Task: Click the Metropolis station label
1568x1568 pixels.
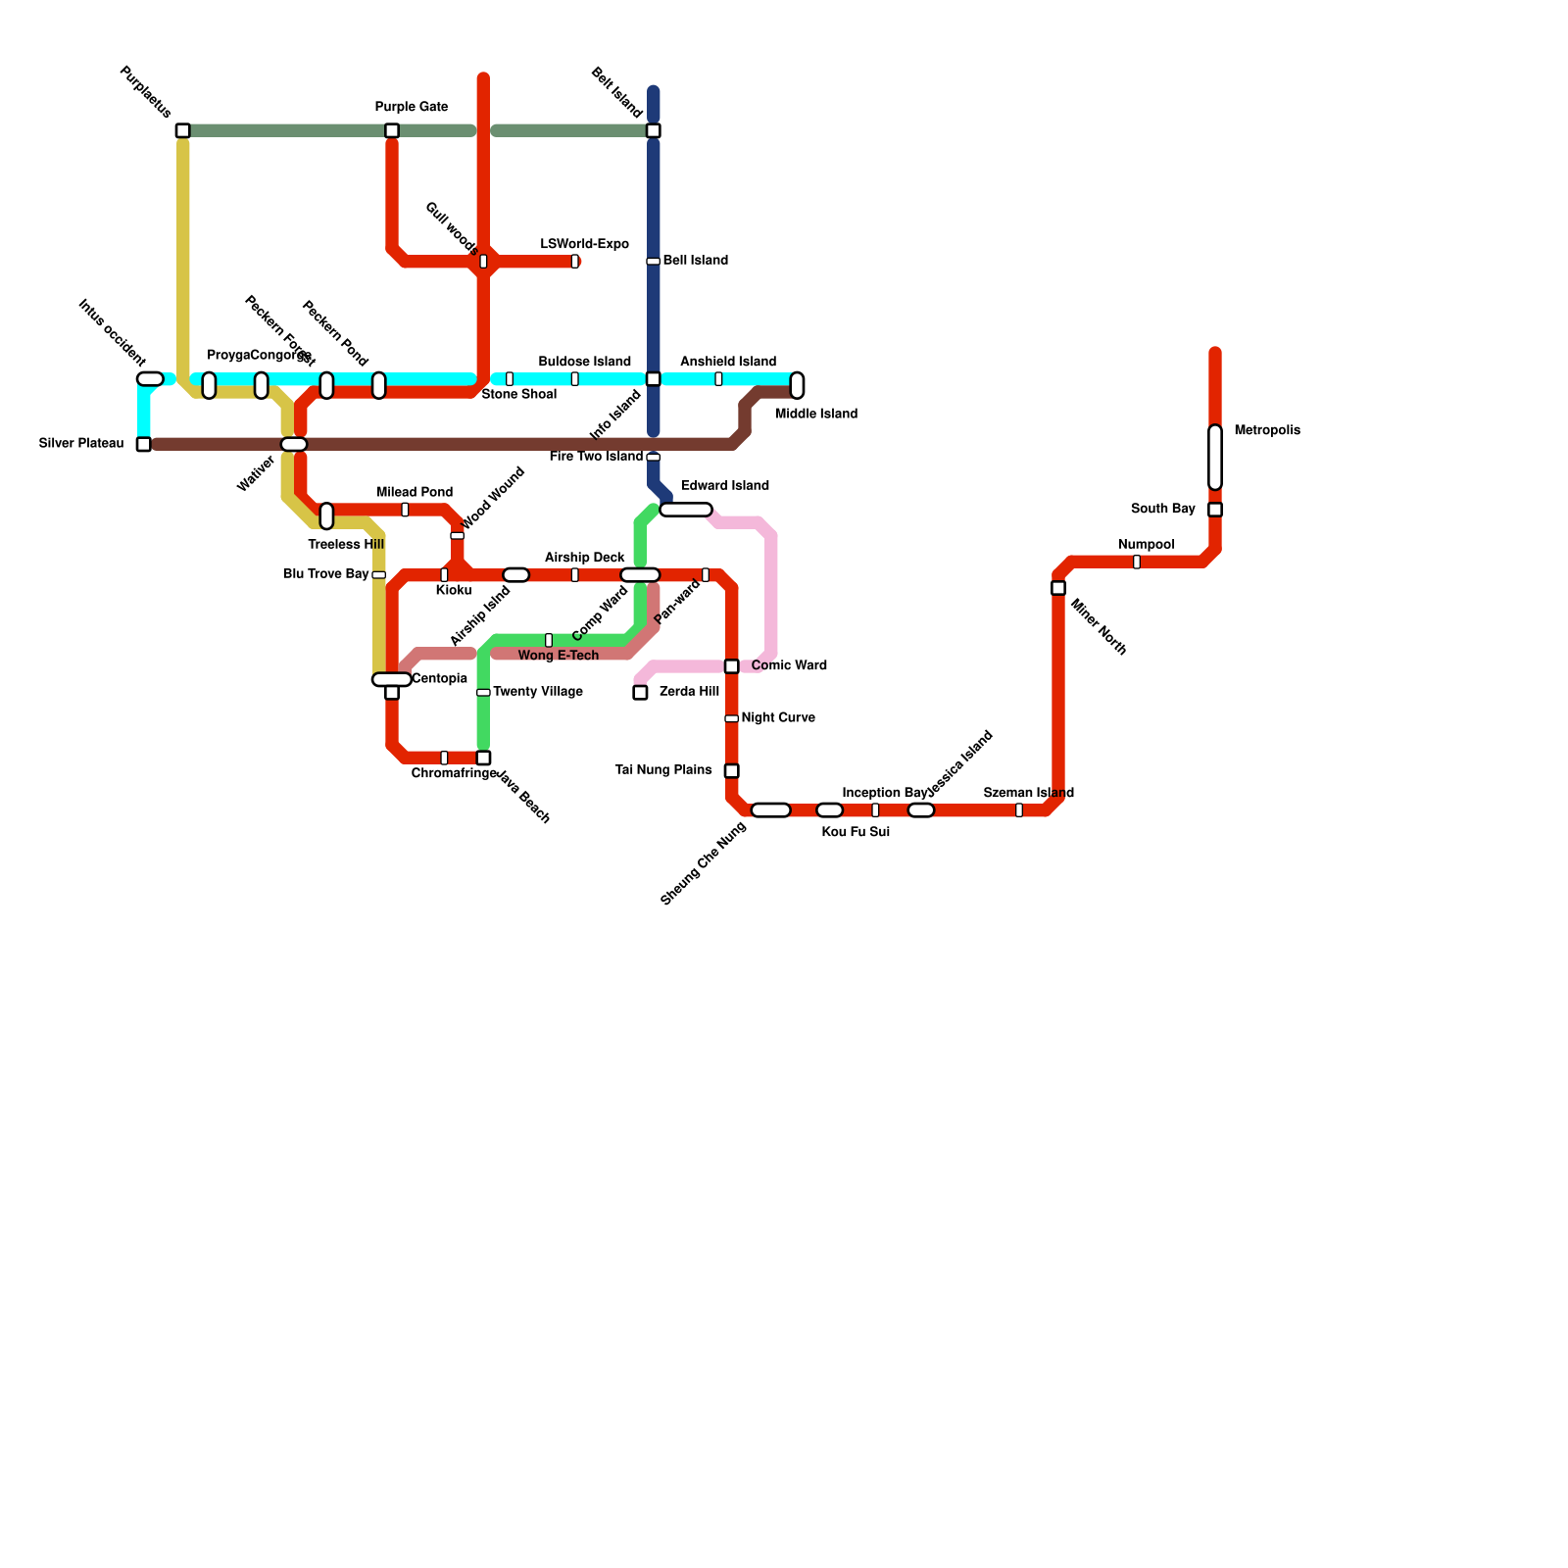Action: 1266,430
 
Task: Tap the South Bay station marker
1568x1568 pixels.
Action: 1214,510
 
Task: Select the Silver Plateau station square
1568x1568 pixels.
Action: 144,444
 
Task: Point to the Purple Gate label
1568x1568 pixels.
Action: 411,107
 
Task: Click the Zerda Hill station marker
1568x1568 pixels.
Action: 640,693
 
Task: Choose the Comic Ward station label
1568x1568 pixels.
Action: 789,665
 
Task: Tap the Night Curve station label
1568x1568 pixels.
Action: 777,718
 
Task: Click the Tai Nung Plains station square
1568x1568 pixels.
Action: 731,771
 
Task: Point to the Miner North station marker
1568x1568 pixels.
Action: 1058,588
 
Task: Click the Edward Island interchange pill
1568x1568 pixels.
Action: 686,510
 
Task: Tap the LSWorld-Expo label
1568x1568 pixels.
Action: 584,244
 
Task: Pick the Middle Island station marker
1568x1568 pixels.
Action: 797,385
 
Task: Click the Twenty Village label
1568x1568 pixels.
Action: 537,692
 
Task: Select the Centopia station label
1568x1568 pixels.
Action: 439,679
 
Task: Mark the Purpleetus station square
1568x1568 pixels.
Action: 182,130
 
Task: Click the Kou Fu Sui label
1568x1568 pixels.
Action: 856,832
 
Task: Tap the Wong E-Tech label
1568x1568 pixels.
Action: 558,656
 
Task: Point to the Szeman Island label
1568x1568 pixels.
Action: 1028,793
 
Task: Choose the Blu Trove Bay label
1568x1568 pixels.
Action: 325,574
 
